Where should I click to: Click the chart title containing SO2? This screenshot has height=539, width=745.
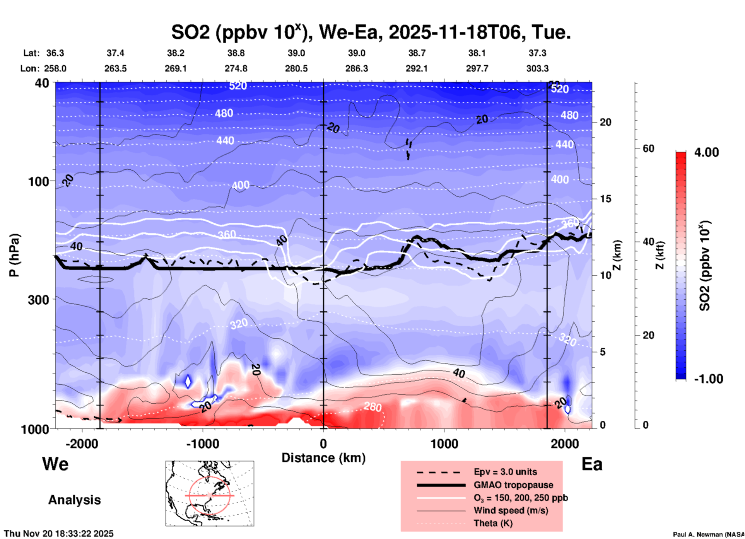click(x=371, y=32)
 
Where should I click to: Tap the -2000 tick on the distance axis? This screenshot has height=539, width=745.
click(x=82, y=443)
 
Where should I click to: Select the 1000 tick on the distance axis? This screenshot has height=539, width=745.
click(x=444, y=443)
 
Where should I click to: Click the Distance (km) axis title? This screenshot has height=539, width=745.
click(x=323, y=458)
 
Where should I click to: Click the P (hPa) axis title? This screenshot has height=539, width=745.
click(x=14, y=255)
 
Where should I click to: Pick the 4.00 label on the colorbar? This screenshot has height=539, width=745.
click(x=706, y=152)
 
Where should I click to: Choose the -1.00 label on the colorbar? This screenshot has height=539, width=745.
click(x=708, y=379)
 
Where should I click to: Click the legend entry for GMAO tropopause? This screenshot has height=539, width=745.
click(x=513, y=485)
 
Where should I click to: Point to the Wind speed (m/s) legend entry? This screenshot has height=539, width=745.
click(x=511, y=510)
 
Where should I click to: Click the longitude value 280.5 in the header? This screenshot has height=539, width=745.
click(x=296, y=68)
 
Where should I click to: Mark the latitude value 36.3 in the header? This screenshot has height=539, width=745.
click(x=55, y=53)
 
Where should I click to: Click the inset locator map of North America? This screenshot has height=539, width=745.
click(x=210, y=493)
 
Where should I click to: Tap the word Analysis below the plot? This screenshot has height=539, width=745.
click(x=74, y=500)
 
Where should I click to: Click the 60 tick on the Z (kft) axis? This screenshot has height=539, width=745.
click(x=648, y=148)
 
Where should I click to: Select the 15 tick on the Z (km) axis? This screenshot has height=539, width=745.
click(x=605, y=199)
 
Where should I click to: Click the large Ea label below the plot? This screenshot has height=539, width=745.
click(x=592, y=464)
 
